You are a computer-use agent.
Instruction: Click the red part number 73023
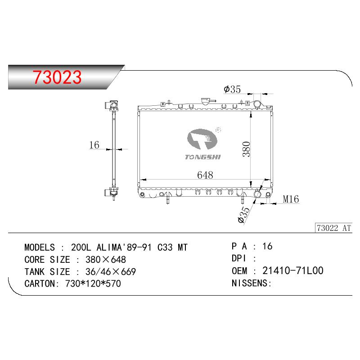[x=57, y=77]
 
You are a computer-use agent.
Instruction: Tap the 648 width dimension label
[x=205, y=175]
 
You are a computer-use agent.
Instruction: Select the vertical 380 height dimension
[x=246, y=149]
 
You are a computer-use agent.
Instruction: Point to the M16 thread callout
[x=291, y=199]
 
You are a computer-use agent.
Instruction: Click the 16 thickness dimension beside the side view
[x=94, y=145]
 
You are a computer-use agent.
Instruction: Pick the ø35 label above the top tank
[x=232, y=89]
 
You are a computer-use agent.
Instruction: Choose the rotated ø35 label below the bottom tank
[x=243, y=215]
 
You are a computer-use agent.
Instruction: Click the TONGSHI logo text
[x=203, y=157]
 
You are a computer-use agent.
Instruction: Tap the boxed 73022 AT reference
[x=333, y=228]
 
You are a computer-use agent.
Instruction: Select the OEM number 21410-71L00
[x=293, y=271]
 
